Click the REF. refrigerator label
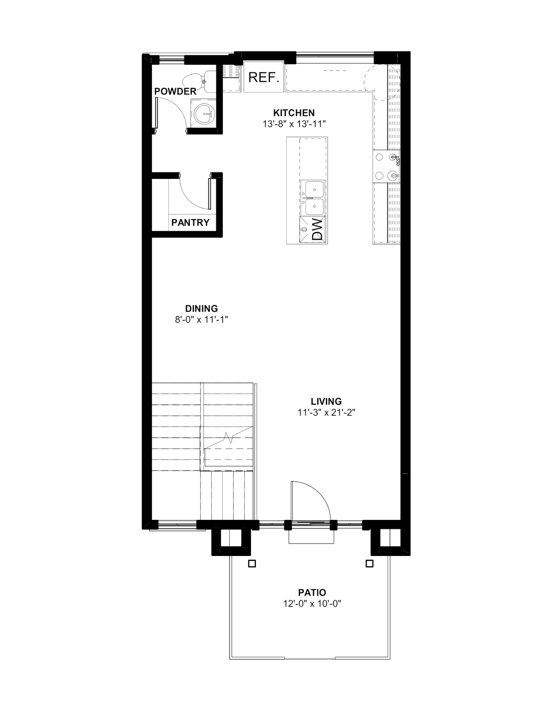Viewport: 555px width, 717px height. [x=264, y=77]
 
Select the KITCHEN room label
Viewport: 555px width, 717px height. [x=294, y=113]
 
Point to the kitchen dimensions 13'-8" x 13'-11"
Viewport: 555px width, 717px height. [x=295, y=124]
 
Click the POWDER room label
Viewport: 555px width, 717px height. [x=175, y=91]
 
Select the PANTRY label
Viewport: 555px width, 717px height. [x=190, y=222]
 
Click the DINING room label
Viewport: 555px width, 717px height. [x=202, y=308]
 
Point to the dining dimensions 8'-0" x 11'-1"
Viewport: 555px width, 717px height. [x=202, y=320]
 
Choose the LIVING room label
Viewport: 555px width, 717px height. [x=326, y=401]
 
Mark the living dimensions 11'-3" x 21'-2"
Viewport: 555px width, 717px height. [x=326, y=412]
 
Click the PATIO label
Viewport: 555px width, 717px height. [x=312, y=592]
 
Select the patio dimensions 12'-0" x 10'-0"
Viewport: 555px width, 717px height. [x=312, y=604]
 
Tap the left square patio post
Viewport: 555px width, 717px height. [x=252, y=564]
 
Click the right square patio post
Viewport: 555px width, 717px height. [x=369, y=564]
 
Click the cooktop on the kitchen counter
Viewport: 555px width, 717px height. [x=386, y=166]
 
